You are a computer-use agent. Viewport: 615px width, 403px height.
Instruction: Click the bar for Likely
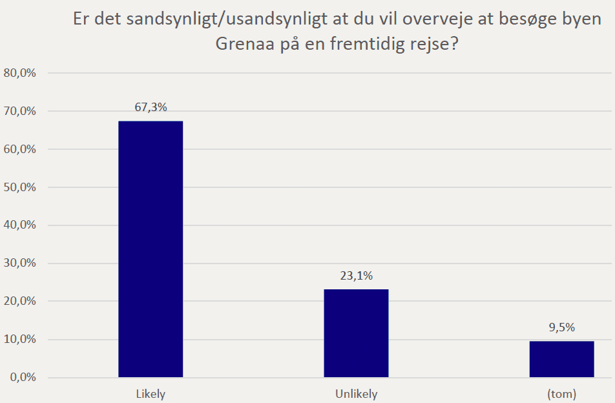[151, 249]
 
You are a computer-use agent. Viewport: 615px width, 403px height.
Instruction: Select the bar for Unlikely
[356, 333]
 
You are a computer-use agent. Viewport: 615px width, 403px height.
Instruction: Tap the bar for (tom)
[561, 359]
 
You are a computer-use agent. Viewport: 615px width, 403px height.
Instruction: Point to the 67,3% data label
[151, 107]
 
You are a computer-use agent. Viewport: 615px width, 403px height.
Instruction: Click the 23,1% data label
[356, 276]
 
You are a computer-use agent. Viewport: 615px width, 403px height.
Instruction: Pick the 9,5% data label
[561, 327]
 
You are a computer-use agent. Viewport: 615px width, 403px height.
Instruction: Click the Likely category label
[151, 393]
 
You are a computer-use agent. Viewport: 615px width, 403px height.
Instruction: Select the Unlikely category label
[356, 393]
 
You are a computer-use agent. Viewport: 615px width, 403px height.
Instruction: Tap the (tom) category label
[561, 393]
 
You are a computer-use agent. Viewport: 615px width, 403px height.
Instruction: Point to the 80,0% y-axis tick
[19, 73]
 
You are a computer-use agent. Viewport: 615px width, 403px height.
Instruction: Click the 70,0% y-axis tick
[19, 111]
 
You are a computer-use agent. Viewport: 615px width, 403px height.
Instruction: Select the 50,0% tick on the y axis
[19, 187]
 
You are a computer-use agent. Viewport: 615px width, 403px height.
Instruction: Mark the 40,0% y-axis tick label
[19, 225]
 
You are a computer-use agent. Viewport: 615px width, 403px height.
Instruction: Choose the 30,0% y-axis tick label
[19, 263]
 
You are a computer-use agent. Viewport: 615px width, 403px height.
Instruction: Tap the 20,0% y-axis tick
[19, 302]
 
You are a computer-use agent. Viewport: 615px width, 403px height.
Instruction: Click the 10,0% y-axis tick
[19, 340]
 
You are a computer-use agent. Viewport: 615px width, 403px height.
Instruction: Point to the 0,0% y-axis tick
[22, 378]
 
